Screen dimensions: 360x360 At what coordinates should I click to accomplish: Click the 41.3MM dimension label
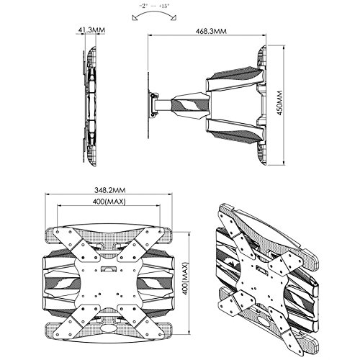(x=91, y=30)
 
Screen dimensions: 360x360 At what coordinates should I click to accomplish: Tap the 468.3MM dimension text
(x=211, y=31)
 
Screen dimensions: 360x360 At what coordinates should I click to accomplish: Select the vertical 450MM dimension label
(x=280, y=103)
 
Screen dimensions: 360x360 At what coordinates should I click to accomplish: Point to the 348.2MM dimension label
(x=109, y=190)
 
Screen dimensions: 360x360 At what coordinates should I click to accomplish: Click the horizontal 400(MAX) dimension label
(x=109, y=202)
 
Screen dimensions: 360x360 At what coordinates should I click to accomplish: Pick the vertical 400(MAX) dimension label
(x=184, y=279)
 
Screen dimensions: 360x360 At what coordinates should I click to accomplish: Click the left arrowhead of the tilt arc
(x=135, y=19)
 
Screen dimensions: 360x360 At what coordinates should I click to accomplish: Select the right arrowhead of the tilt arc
(x=174, y=19)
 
